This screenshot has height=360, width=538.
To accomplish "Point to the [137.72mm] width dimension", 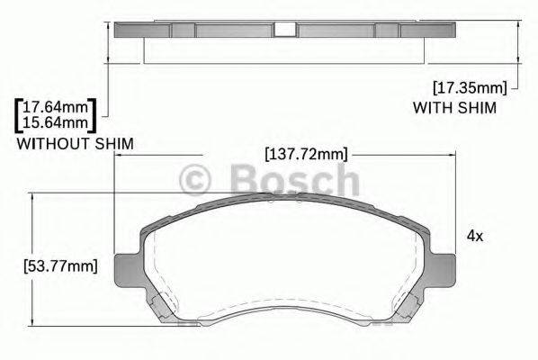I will point(306,154).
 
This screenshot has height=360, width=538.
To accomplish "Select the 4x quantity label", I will point(474,236).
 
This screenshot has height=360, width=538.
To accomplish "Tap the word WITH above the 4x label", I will point(430,107).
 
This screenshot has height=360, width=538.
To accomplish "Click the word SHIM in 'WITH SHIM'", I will point(472,107).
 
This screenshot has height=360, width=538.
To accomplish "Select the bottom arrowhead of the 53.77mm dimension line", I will point(32,325).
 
